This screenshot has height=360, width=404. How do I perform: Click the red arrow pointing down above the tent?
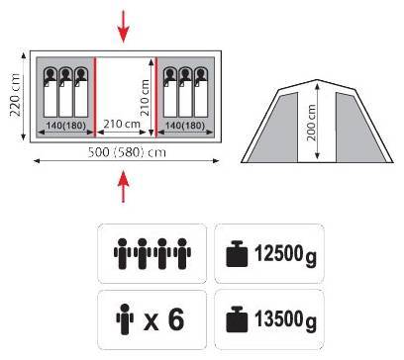click(124, 27)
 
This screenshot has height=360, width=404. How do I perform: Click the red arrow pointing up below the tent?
click(124, 186)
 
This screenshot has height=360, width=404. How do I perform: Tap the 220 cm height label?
click(15, 95)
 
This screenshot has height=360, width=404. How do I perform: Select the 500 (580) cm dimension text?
click(127, 152)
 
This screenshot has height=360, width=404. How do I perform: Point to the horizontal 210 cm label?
click(122, 124)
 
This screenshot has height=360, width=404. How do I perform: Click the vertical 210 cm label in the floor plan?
click(145, 98)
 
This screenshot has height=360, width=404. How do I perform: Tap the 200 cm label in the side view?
click(311, 123)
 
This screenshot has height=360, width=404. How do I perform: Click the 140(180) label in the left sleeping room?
click(66, 126)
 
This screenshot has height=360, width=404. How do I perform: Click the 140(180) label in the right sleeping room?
click(185, 126)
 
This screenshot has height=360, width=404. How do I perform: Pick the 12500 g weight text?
click(285, 254)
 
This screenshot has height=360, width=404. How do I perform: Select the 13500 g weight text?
click(285, 319)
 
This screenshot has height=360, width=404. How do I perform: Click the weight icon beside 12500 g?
click(237, 254)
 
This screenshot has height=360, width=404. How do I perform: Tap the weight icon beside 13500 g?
click(237, 319)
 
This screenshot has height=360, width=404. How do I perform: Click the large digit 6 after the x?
click(176, 319)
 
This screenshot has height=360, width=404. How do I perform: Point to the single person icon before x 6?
click(125, 319)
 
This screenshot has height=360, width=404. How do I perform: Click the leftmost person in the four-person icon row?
click(122, 253)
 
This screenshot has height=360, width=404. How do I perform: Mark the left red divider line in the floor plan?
click(95, 97)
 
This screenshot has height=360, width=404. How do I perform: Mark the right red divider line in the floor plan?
click(156, 97)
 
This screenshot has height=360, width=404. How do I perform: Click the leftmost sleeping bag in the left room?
click(50, 92)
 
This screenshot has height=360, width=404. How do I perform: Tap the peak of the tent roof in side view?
click(317, 80)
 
